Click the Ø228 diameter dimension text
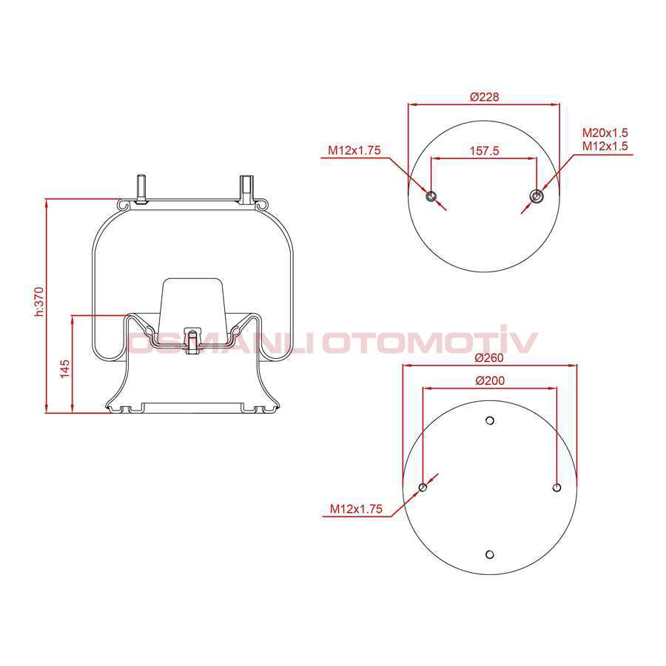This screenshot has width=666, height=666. coord(485,97)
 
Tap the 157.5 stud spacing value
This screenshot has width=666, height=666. coord(485,150)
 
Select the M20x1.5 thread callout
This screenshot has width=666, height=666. coord(605,132)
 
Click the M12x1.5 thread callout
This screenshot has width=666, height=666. coord(605,146)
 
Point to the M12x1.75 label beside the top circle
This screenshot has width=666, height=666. coord(354,150)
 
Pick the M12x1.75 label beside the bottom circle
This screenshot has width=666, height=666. coord(356,509)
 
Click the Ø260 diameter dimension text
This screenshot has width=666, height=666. coord(488,357)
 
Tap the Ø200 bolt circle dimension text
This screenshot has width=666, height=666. coord(488,380)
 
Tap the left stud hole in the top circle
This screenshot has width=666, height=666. coord(432,196)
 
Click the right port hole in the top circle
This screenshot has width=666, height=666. coord(536,196)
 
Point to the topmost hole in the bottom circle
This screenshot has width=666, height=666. coord(489,421)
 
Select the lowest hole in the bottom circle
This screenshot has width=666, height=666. coord(489,554)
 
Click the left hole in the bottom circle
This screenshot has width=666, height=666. coord(423,488)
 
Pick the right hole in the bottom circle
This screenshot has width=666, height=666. coord(556,488)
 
